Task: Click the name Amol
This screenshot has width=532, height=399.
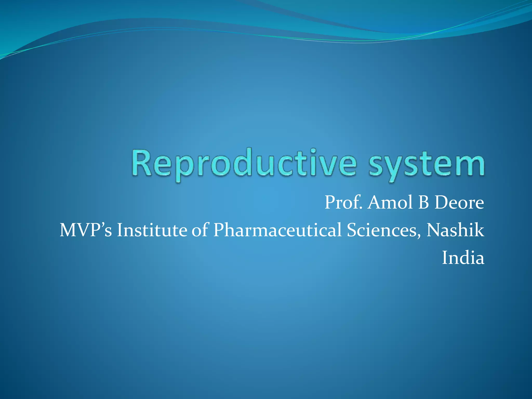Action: [x=390, y=203]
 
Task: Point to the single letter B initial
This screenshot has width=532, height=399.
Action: [x=423, y=203]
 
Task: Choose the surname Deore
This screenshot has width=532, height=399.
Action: [x=459, y=203]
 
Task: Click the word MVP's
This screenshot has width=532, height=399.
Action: [x=86, y=230]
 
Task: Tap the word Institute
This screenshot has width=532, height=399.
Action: [x=152, y=230]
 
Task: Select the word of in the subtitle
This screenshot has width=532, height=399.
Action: [x=200, y=230]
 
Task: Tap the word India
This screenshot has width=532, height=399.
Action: [x=463, y=258]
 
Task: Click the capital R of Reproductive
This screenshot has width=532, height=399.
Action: [x=142, y=163]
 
